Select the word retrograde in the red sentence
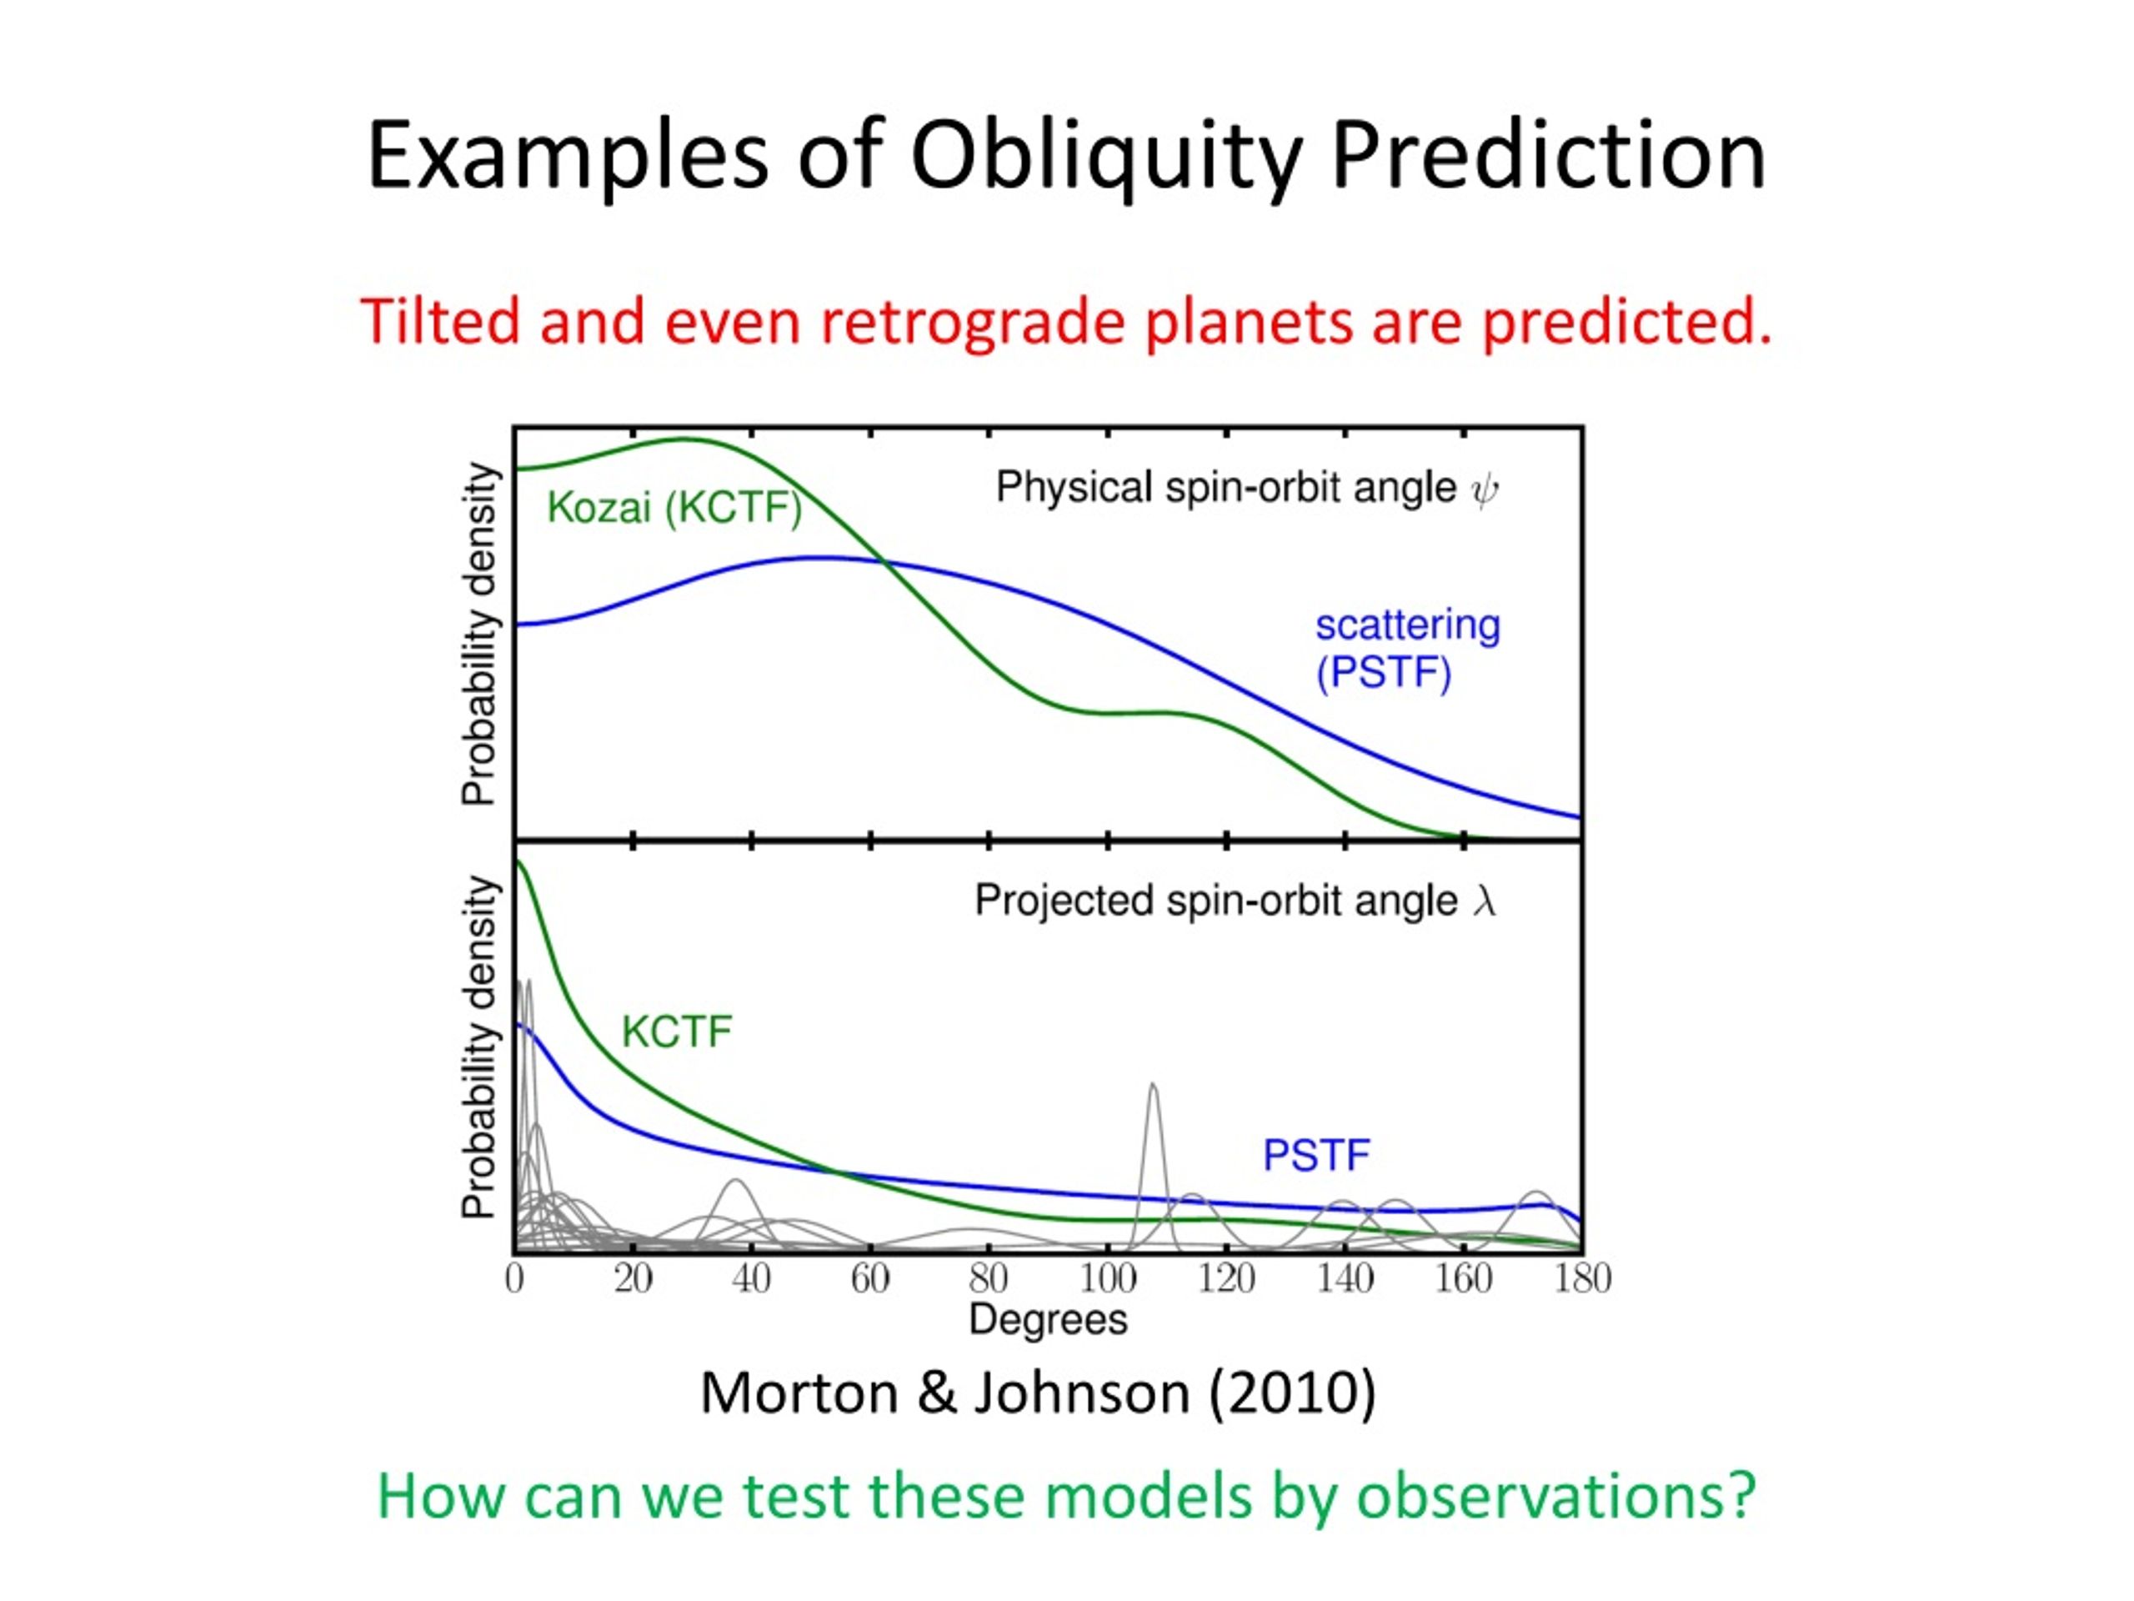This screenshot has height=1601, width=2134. click(x=973, y=324)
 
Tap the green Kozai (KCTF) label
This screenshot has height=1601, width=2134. click(x=674, y=508)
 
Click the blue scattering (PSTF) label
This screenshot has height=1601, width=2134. click(x=1408, y=650)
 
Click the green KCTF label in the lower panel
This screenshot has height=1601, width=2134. click(x=676, y=1031)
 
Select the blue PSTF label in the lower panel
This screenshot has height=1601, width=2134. click(x=1316, y=1155)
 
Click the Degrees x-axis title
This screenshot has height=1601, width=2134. click(x=1048, y=1320)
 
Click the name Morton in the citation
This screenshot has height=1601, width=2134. click(x=799, y=1393)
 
